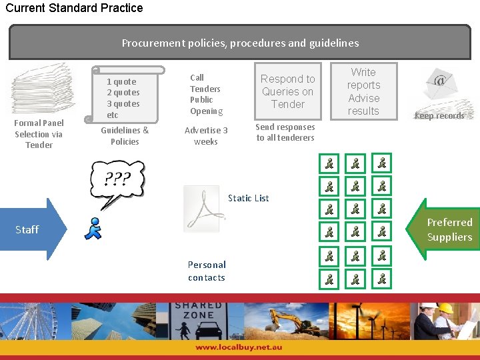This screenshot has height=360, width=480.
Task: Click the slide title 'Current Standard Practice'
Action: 74,8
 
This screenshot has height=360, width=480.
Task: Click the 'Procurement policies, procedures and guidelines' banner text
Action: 240,43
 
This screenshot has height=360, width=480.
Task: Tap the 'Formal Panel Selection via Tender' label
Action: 39,133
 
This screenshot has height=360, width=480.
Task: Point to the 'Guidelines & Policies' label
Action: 125,135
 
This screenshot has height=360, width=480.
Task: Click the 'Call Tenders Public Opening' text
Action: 205,94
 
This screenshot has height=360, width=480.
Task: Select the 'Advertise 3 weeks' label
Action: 206,135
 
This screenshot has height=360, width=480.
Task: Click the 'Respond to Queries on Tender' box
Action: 287,92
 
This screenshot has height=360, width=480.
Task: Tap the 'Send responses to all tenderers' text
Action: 285,132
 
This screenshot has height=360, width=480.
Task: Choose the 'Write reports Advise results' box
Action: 363,91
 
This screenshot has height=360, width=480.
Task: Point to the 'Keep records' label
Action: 439,116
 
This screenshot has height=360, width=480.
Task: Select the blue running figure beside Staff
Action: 93,228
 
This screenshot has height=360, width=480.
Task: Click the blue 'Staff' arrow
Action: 33,229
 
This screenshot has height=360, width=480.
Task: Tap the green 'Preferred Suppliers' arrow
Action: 445,229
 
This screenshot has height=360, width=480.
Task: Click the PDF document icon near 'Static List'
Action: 203,209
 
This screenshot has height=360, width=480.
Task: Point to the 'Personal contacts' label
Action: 207,271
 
